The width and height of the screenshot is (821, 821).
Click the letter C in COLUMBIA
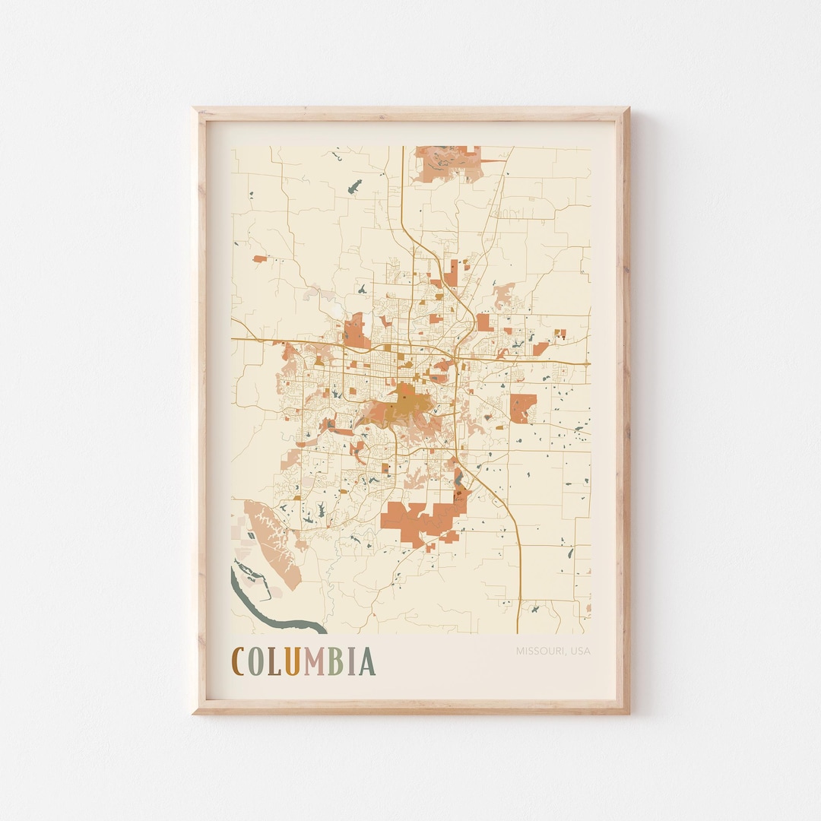(238, 661)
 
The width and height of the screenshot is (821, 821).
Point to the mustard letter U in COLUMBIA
(292, 661)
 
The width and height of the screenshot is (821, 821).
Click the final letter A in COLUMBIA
(367, 661)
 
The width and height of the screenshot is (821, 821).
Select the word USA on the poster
(580, 651)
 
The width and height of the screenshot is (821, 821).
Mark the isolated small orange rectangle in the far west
(260, 259)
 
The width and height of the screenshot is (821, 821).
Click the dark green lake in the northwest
(355, 185)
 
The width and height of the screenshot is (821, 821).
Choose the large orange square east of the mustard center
(523, 407)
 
